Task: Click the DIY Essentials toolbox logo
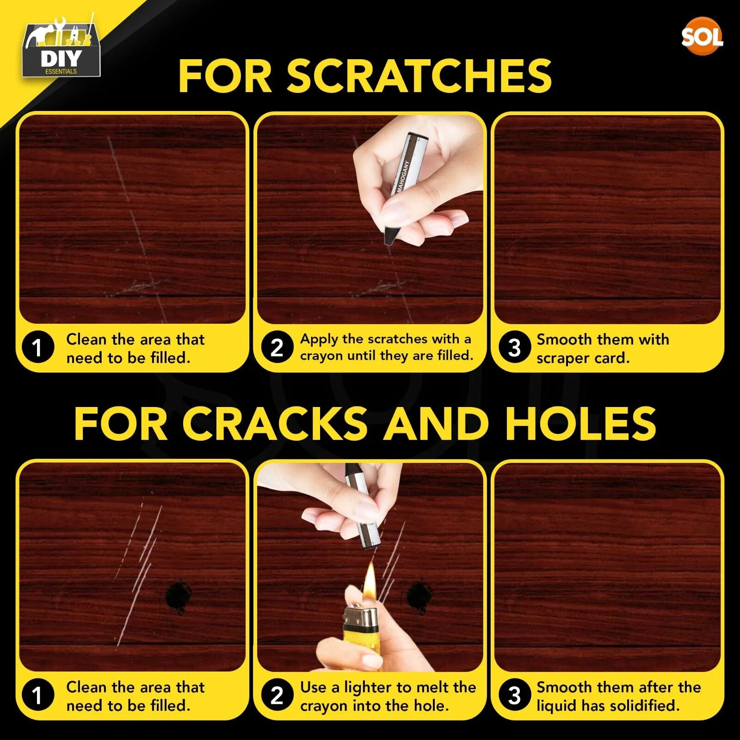click(x=61, y=47)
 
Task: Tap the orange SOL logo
click(x=702, y=36)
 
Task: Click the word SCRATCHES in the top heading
click(x=419, y=76)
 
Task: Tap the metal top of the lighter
click(x=361, y=616)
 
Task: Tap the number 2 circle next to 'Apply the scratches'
click(x=277, y=347)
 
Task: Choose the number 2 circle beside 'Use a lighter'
click(x=277, y=695)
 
